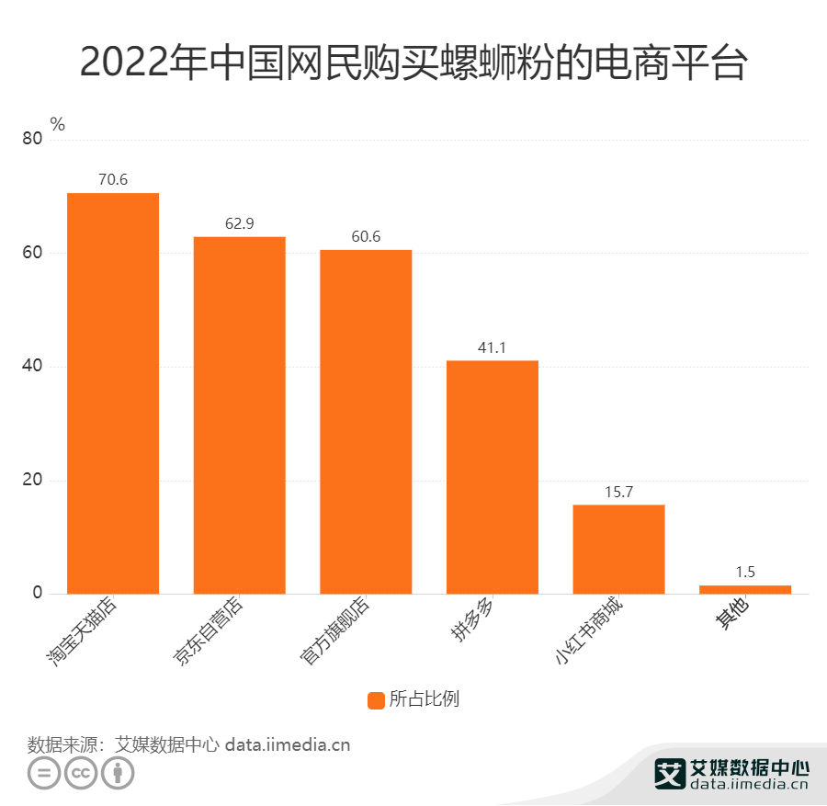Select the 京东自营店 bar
tap(239, 415)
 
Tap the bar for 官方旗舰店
tap(366, 422)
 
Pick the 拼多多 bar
tap(493, 477)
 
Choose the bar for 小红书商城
tap(618, 550)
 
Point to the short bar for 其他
tap(745, 589)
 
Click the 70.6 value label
tap(113, 180)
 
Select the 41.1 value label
tap(493, 347)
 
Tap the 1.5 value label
tap(745, 572)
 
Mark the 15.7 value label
tap(618, 492)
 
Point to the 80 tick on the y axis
tap(32, 139)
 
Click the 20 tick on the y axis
tap(32, 480)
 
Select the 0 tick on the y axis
tap(38, 594)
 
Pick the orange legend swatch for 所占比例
tap(376, 699)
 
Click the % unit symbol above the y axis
tap(58, 124)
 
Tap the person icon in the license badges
tap(117, 774)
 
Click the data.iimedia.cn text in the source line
tap(288, 744)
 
